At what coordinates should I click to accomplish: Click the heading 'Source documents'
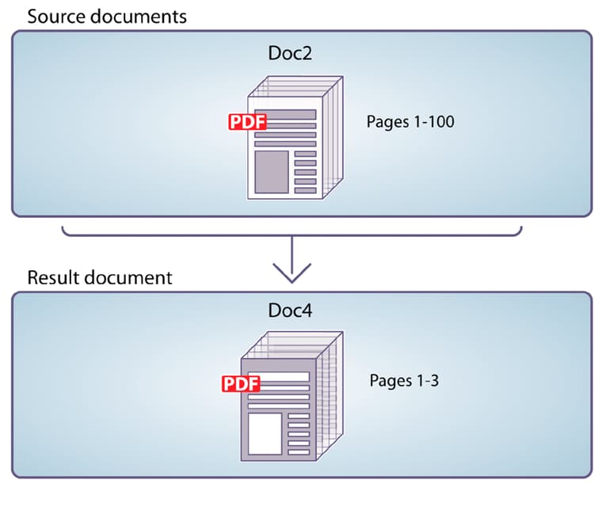pos(107,16)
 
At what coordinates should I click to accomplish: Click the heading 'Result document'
pos(100,277)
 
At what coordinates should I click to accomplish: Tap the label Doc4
pos(290,310)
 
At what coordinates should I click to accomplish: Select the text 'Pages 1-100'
pos(410,122)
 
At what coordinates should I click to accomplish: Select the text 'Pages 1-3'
pos(404,380)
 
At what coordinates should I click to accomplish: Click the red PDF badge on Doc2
pos(247,122)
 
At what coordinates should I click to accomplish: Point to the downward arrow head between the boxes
pos(291,274)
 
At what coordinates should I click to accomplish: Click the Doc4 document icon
pos(289,396)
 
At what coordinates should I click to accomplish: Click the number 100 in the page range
pos(440,122)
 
